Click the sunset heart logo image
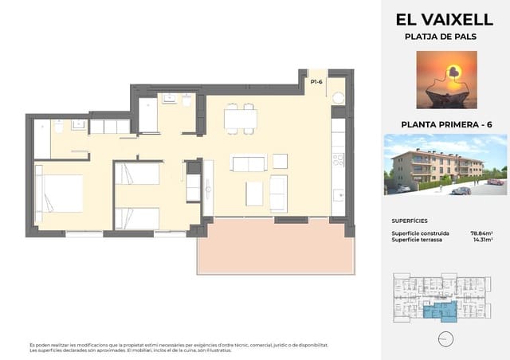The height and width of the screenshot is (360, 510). pyautogui.click(x=446, y=80)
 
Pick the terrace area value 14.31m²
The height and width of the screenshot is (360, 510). pyautogui.click(x=481, y=240)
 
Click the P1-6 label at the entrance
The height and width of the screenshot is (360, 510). pyautogui.click(x=316, y=81)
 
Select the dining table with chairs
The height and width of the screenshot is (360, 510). pyautogui.click(x=239, y=119)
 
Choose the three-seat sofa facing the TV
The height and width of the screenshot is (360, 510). pyautogui.click(x=248, y=163)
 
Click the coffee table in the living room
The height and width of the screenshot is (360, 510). pyautogui.click(x=253, y=193)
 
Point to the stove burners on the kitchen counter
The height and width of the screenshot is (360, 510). pyautogui.click(x=338, y=158)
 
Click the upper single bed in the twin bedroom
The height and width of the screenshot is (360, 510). pyautogui.click(x=137, y=174)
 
